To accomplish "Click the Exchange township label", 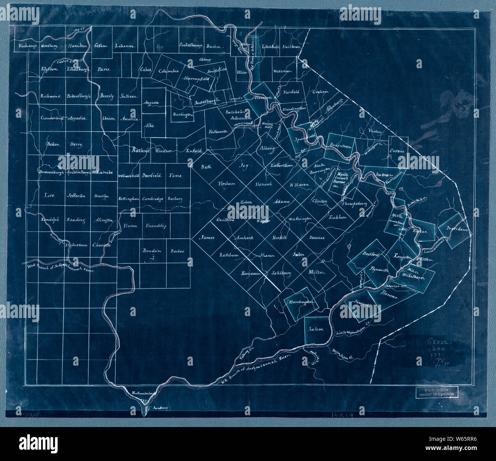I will coord(27,47).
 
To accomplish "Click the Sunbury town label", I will coord(159,408).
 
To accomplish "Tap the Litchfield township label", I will coord(271,47).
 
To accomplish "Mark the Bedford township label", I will coord(370,254).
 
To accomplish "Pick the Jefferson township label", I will coord(76,196).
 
